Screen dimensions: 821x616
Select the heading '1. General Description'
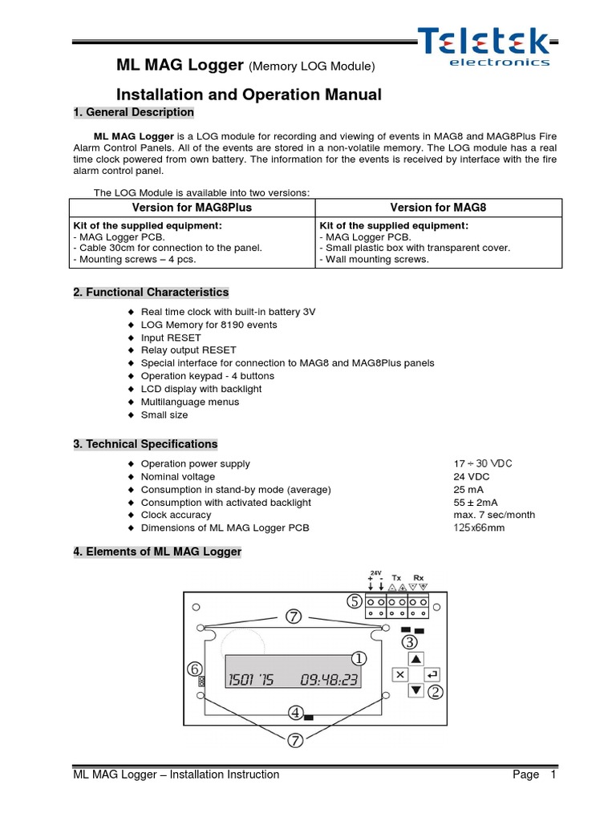[x=133, y=112]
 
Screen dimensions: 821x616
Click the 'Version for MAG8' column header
[x=438, y=208]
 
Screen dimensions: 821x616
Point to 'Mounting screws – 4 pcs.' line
[x=134, y=259]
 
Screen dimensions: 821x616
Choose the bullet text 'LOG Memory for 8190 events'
[x=209, y=325]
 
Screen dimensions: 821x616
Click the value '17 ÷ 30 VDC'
[x=482, y=463]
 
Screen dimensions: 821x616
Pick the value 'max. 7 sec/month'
[x=493, y=515]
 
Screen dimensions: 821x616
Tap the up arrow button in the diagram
[x=415, y=659]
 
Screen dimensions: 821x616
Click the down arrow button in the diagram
[x=415, y=690]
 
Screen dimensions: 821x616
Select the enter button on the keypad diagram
[x=433, y=674]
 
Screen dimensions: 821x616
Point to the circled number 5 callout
[x=354, y=601]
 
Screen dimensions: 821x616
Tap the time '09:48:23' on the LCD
[x=329, y=681]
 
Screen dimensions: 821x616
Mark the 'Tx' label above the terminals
[x=396, y=577]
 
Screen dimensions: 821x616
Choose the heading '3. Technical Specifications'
[x=145, y=444]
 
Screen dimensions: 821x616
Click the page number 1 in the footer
[x=553, y=774]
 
